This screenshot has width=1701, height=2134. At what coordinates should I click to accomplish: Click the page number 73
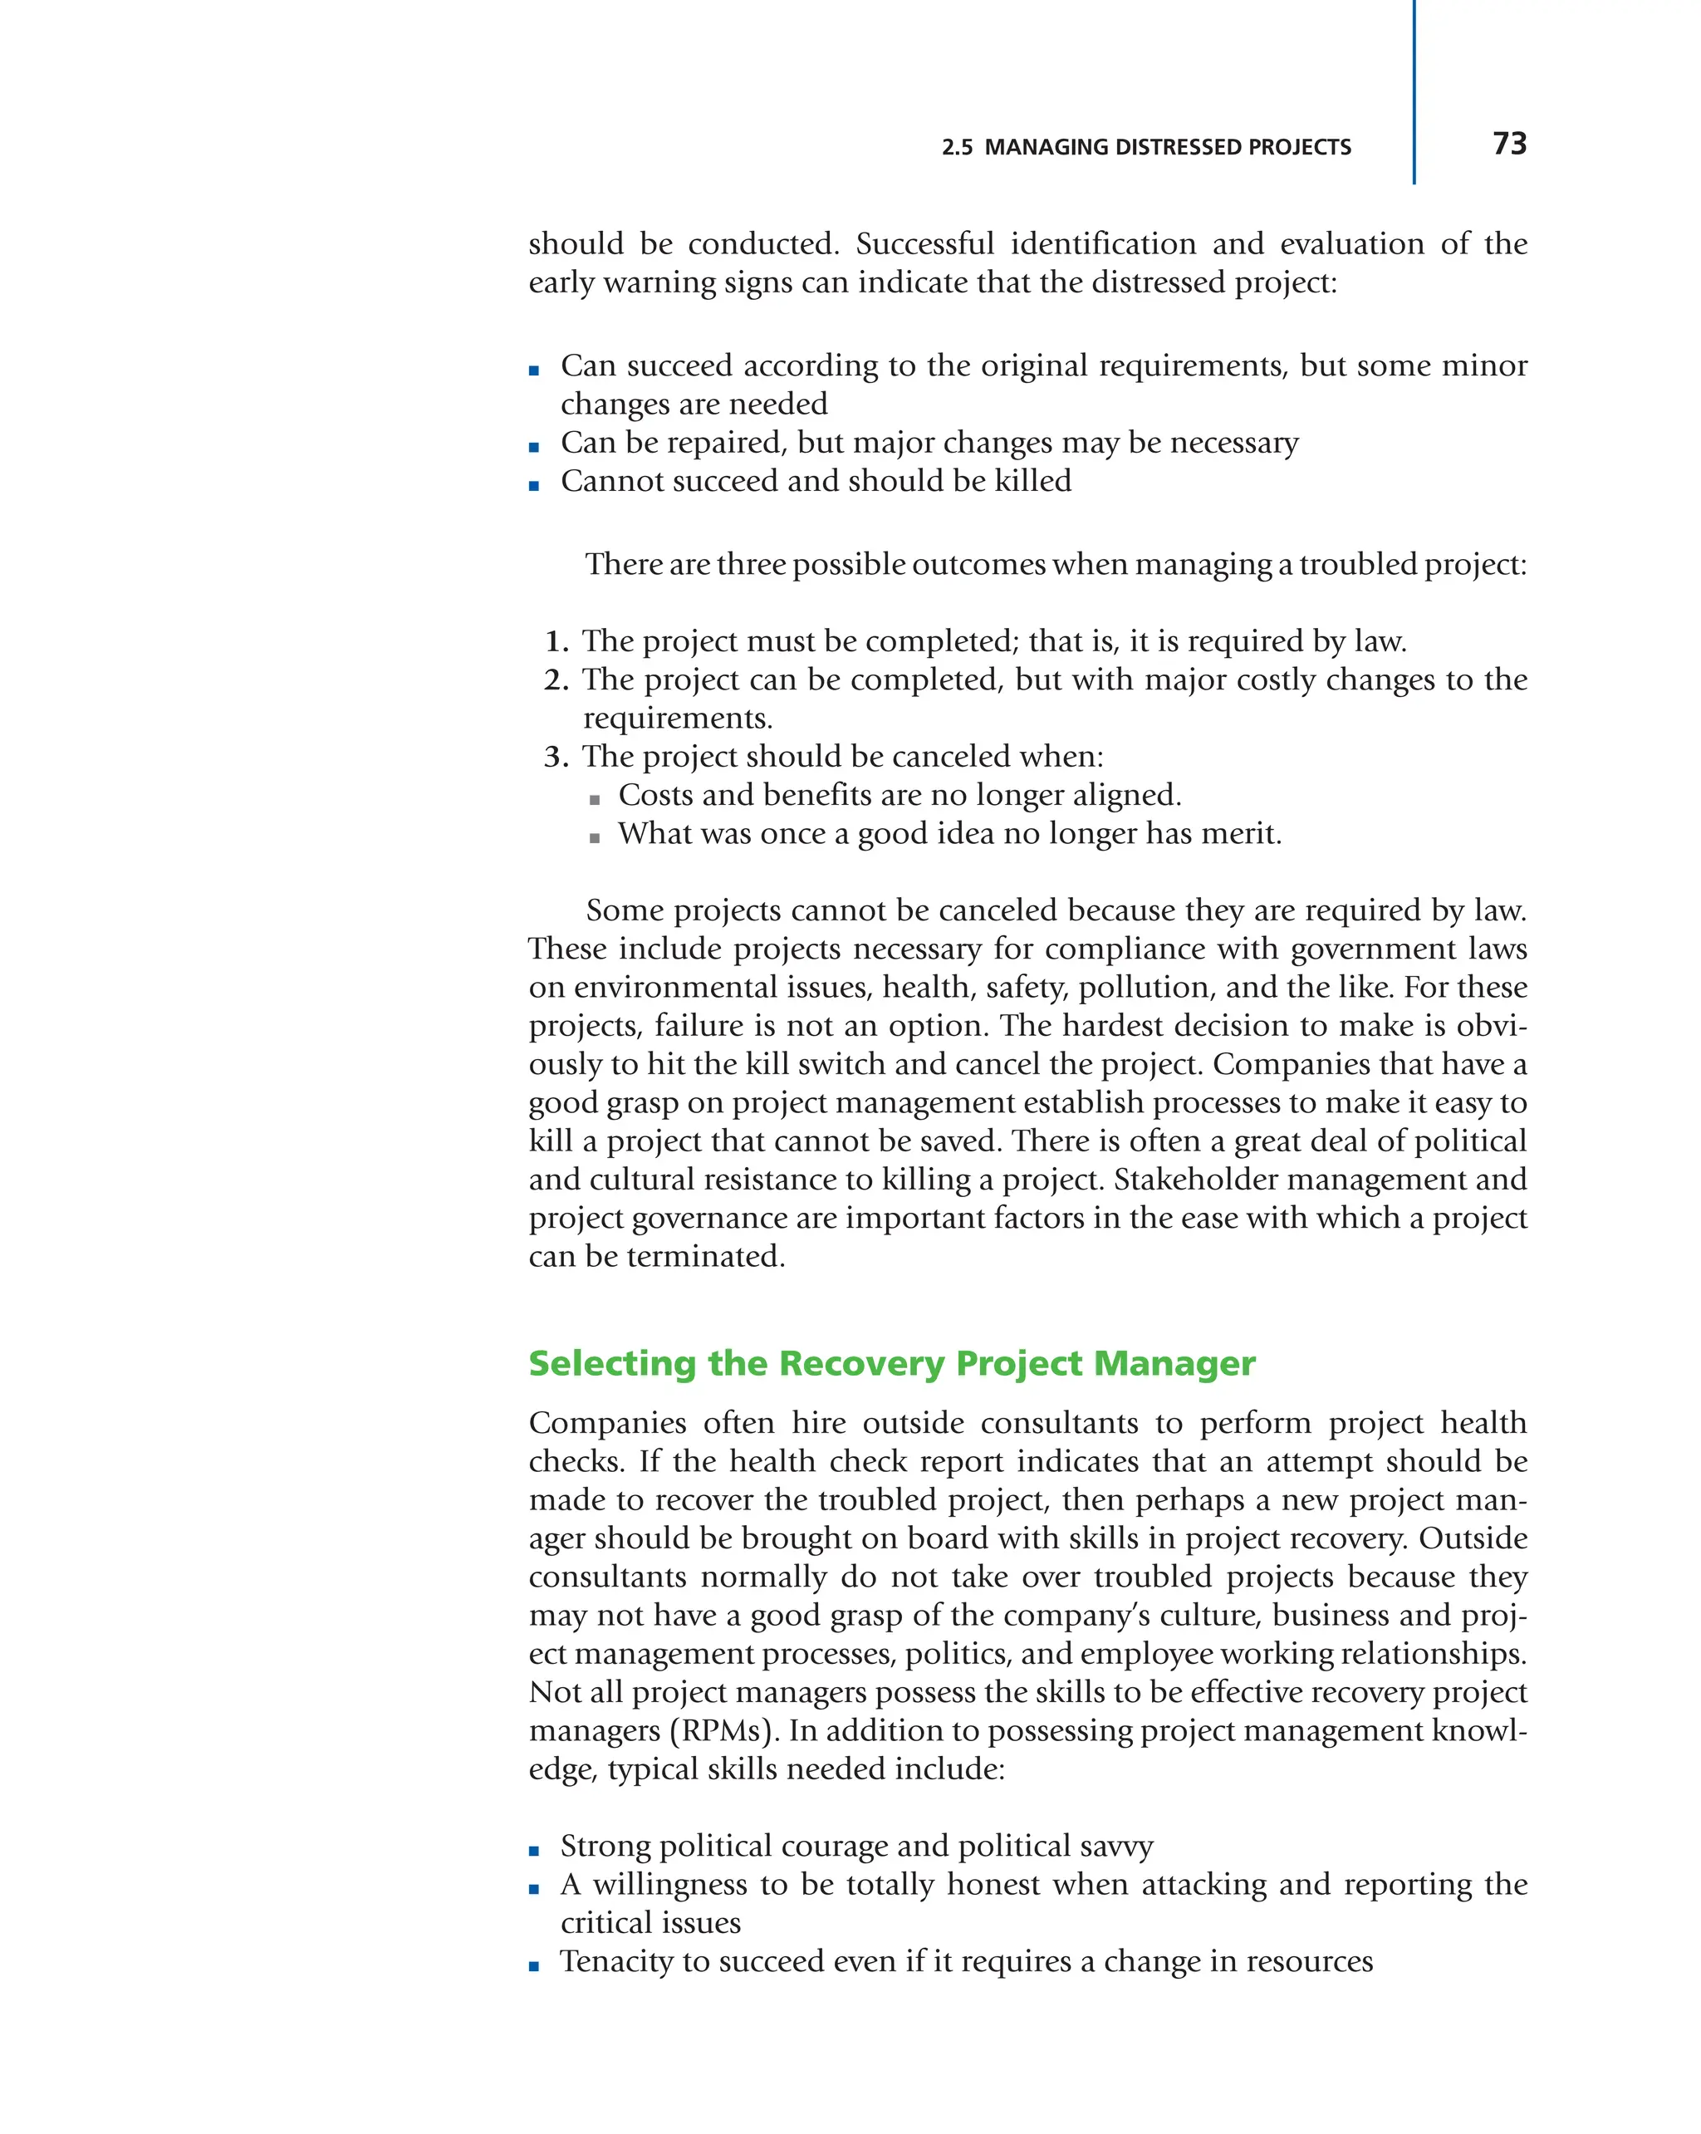pyautogui.click(x=1509, y=144)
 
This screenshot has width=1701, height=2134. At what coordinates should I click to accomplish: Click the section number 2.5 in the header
pyautogui.click(x=957, y=148)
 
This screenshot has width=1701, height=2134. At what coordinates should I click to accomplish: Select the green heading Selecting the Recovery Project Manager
pyautogui.click(x=890, y=1363)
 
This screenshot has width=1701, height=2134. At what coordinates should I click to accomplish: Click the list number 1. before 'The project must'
pyautogui.click(x=557, y=641)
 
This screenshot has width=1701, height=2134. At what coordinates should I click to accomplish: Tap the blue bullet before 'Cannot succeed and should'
pyautogui.click(x=534, y=485)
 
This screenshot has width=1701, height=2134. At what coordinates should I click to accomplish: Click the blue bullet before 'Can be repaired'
pyautogui.click(x=534, y=446)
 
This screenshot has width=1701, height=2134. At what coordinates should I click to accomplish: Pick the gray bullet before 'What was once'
pyautogui.click(x=594, y=837)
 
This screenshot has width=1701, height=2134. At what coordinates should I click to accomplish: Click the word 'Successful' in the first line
pyautogui.click(x=924, y=243)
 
